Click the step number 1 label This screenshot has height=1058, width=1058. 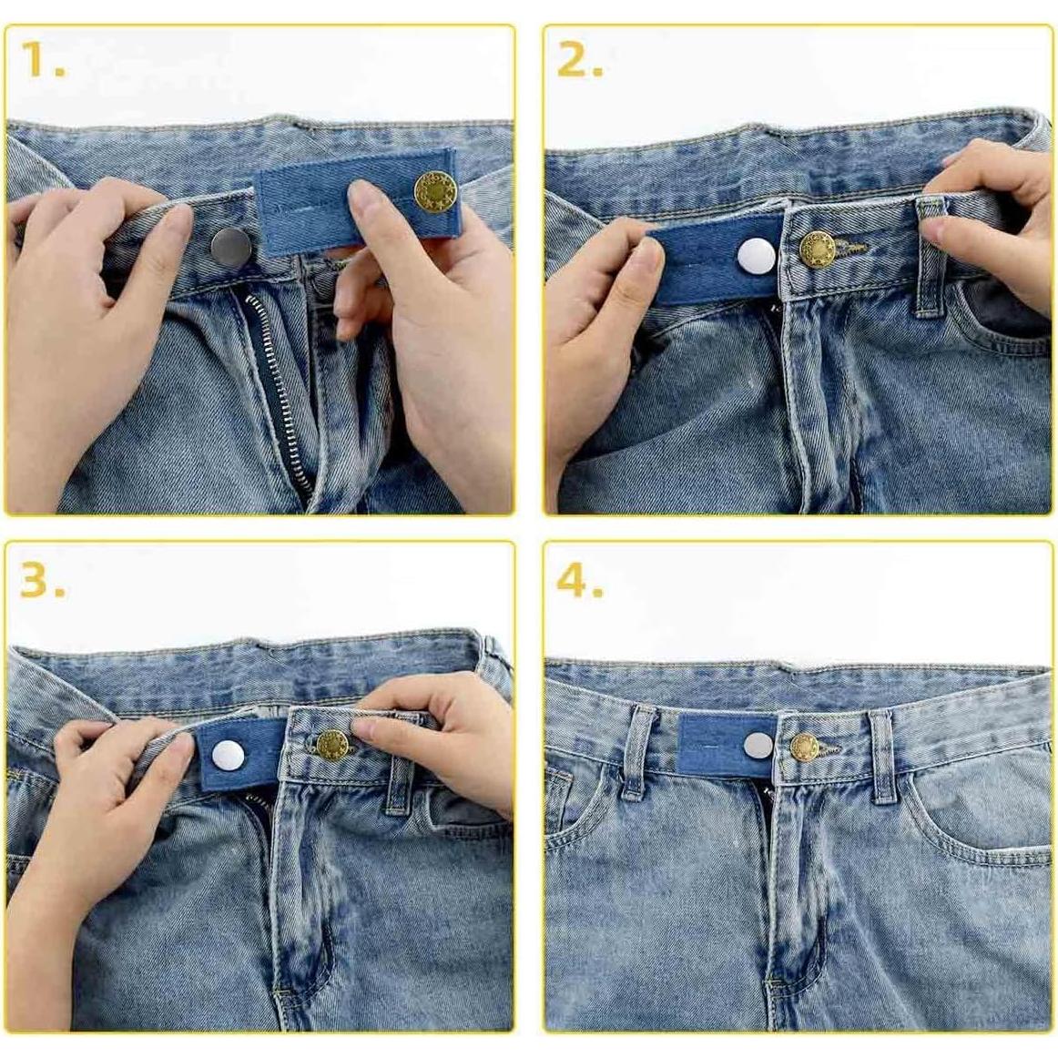tap(42, 60)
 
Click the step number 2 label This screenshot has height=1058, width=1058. tap(580, 60)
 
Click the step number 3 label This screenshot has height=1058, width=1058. tap(42, 580)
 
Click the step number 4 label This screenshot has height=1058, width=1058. tap(580, 580)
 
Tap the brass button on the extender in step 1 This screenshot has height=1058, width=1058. tap(432, 191)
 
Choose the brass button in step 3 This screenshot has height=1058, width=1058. tap(331, 744)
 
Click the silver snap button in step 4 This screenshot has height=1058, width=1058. tap(758, 746)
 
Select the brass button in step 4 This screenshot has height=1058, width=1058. tap(804, 748)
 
